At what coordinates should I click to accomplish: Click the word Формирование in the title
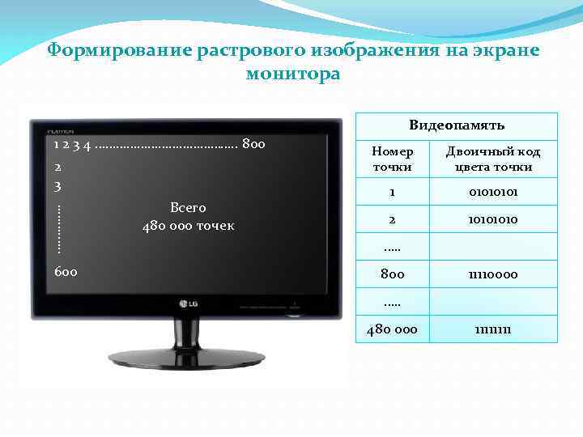119,51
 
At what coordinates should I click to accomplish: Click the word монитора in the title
292,74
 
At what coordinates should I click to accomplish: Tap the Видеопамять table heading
457,125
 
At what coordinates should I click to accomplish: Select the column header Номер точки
392,159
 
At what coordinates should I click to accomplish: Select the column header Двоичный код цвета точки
493,159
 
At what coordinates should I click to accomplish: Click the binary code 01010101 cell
493,193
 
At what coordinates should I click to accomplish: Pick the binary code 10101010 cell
493,219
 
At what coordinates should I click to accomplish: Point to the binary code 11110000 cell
493,274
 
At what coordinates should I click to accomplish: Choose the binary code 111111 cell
493,329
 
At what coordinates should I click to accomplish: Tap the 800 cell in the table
392,274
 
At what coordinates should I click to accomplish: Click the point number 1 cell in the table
392,193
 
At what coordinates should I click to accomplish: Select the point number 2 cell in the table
392,219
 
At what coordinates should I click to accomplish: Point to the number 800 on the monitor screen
253,145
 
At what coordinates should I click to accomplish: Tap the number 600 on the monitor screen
66,271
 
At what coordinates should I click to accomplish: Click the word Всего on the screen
188,208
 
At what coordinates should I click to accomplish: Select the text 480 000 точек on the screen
188,226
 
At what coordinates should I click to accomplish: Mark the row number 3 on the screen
57,185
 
